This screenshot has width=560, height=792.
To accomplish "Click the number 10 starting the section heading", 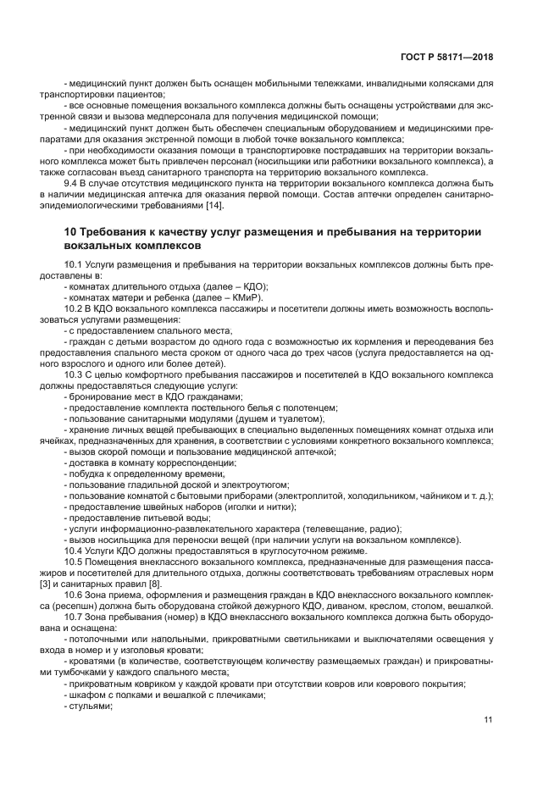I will (x=70, y=232).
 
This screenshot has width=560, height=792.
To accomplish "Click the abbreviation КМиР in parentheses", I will (x=245, y=297).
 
